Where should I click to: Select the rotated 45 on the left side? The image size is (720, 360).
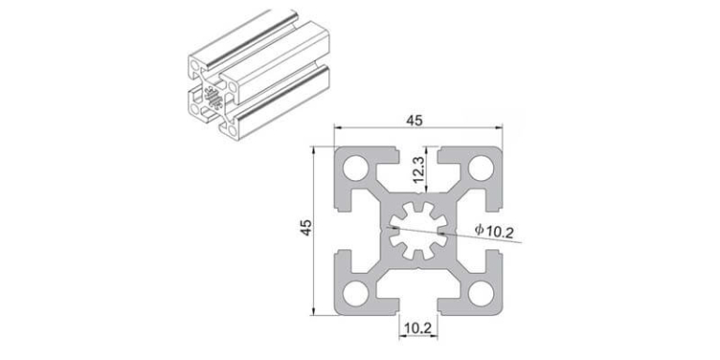click(x=305, y=230)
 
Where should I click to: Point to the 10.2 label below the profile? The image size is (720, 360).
click(x=416, y=328)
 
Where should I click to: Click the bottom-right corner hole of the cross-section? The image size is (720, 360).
click(x=480, y=292)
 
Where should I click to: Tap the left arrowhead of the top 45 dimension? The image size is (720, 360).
click(x=338, y=131)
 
